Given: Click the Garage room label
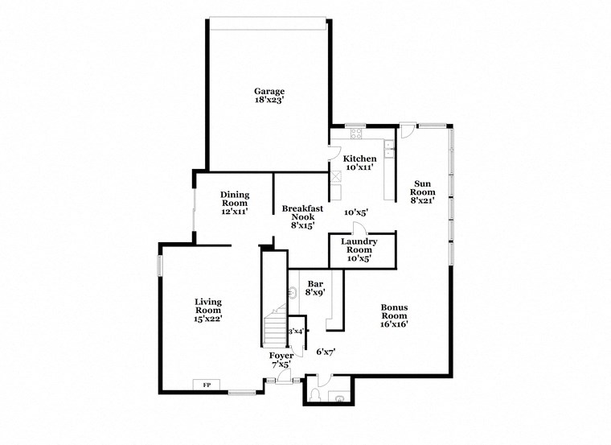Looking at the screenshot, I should click(x=269, y=92).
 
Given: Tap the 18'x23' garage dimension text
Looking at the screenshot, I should click(x=269, y=101).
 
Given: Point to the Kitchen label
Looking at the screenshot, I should click(x=359, y=159).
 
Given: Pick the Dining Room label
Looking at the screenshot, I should click(x=235, y=199).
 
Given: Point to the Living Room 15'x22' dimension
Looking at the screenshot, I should click(x=207, y=319).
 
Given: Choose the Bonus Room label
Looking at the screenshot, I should click(x=395, y=312).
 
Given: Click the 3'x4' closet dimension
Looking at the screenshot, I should click(x=296, y=331).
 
